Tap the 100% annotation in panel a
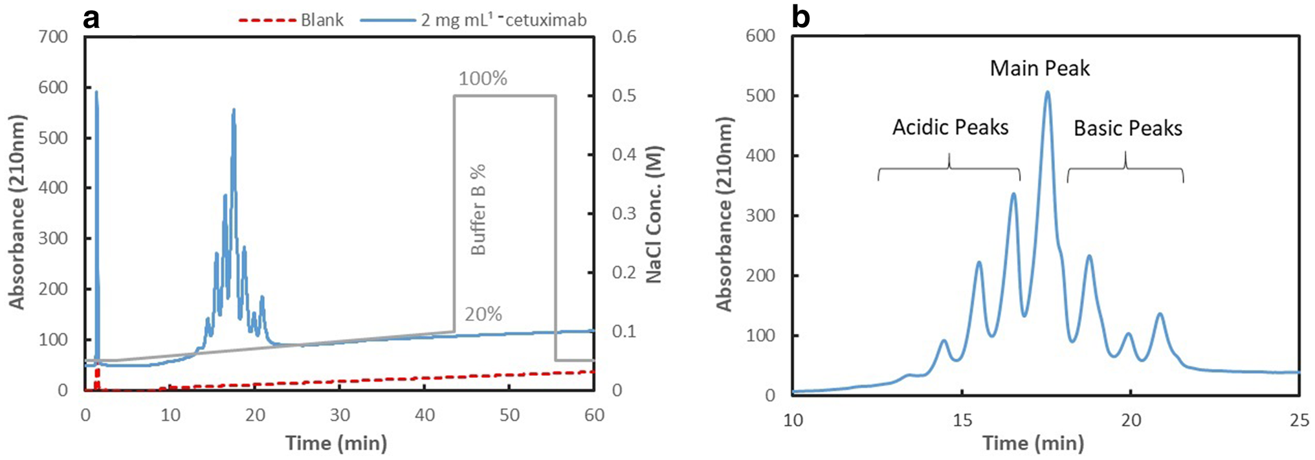pyautogui.click(x=483, y=79)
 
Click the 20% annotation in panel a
pyautogui.click(x=483, y=314)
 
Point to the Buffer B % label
pyautogui.click(x=478, y=210)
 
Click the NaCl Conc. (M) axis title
pyautogui.click(x=654, y=214)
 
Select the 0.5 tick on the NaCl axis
pyautogui.click(x=624, y=96)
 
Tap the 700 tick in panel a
pyautogui.click(x=53, y=37)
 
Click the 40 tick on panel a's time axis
pyautogui.click(x=425, y=415)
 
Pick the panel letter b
pyautogui.click(x=801, y=17)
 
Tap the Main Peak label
pyautogui.click(x=1039, y=69)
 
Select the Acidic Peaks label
pyautogui.click(x=950, y=127)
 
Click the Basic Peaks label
pyautogui.click(x=1128, y=129)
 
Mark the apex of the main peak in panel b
pyautogui.click(x=1047, y=93)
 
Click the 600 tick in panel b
pyautogui.click(x=760, y=36)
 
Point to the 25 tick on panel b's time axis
pyautogui.click(x=1299, y=421)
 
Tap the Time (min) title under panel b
pyautogui.click(x=1033, y=444)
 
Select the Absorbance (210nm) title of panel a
pyautogui.click(x=17, y=212)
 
